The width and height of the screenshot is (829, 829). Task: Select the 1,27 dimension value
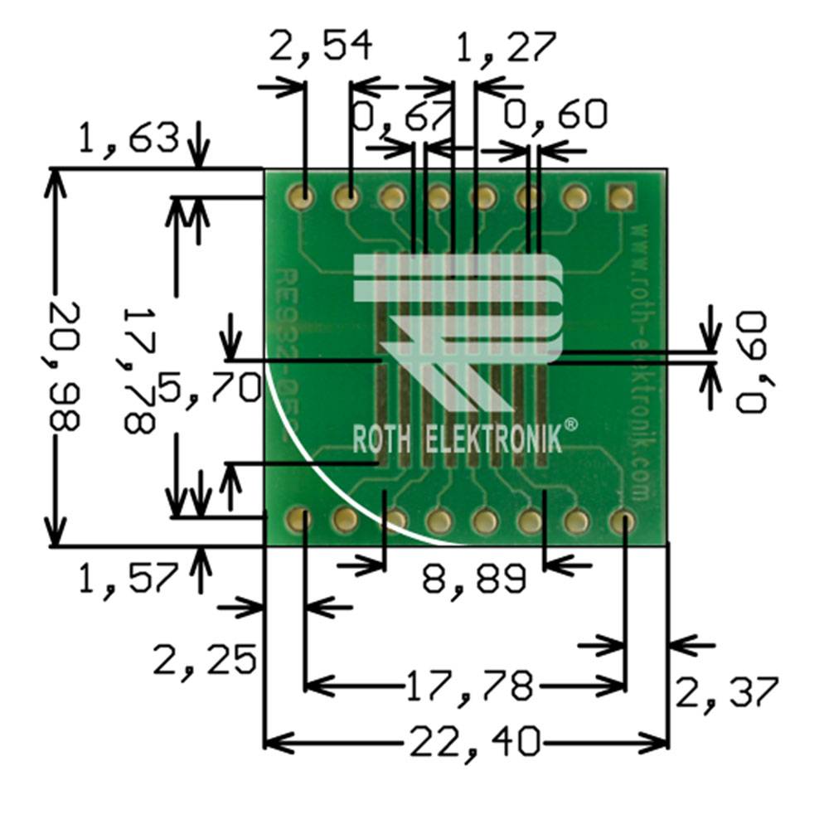[x=507, y=48]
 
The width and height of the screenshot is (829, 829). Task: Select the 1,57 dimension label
[x=128, y=578]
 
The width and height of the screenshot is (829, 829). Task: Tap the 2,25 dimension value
[x=203, y=661]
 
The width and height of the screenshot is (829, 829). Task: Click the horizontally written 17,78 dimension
[x=468, y=686]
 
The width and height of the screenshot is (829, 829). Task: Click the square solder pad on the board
[x=620, y=196]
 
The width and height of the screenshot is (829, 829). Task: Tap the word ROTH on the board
[x=384, y=439]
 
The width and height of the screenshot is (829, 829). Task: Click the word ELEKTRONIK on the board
[x=492, y=439]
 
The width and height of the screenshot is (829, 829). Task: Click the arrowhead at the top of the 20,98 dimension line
[x=56, y=179]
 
